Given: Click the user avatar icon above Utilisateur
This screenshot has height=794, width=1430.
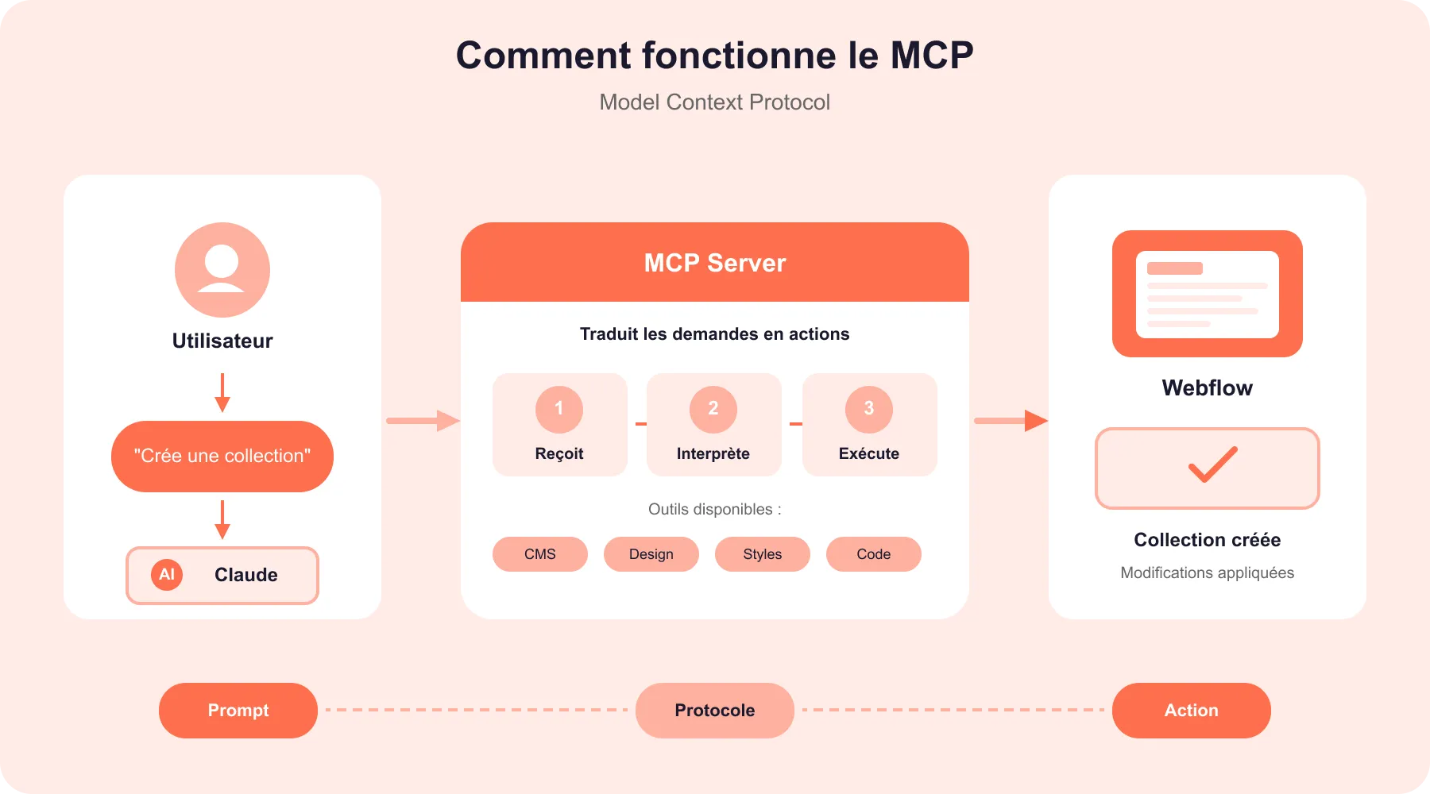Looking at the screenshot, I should click(222, 270).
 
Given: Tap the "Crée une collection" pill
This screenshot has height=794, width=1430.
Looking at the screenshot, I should click(222, 457).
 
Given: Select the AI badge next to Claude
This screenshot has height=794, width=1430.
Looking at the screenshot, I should click(167, 574).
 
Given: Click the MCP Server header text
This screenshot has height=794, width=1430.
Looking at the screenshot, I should click(715, 263).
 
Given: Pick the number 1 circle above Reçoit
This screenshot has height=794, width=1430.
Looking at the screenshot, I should click(559, 409).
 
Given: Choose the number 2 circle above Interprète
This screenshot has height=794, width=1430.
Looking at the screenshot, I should click(713, 409).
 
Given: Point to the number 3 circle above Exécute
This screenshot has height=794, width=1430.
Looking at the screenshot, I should click(869, 409).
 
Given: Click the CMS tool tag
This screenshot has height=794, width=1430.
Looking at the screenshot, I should click(540, 554).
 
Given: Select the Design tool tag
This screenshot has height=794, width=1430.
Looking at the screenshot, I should click(651, 554).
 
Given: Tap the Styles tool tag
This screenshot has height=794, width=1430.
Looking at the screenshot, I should click(763, 554).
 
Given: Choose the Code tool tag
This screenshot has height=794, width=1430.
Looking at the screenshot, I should click(874, 554).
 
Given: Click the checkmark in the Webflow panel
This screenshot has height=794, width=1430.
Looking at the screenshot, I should click(1212, 465).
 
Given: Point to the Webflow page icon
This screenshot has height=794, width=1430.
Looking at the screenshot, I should click(1208, 294).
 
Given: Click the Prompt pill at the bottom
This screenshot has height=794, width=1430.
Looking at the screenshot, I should click(238, 711).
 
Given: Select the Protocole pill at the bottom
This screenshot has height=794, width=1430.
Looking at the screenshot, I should click(715, 711).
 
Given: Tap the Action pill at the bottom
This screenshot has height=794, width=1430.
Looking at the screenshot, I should click(1192, 711).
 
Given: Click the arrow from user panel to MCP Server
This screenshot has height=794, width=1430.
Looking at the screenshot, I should click(423, 421).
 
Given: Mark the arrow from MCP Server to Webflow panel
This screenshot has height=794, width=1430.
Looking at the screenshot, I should click(1011, 421).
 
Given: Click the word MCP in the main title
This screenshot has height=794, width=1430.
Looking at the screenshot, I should click(931, 56).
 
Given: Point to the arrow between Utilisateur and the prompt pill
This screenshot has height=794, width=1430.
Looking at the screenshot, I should click(222, 393).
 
